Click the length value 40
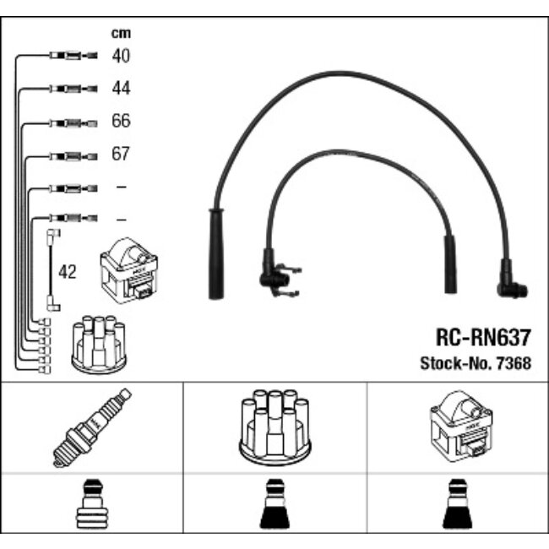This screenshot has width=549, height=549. tap(121, 56)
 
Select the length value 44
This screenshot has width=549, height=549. tap(121, 88)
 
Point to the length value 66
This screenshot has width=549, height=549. tap(121, 121)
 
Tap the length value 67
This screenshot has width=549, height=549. tap(121, 155)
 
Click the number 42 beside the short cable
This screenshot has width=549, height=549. tap(68, 272)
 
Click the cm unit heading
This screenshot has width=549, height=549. tap(122, 33)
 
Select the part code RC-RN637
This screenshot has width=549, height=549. tap(483, 339)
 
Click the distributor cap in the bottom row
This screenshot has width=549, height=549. tap(274, 427)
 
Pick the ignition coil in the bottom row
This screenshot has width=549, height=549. tap(457, 427)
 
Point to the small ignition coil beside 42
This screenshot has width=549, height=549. tap(128, 269)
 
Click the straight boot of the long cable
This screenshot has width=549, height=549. tap(215, 253)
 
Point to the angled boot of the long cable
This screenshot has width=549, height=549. tap(512, 283)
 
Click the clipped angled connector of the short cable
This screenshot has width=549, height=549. tap(274, 274)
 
